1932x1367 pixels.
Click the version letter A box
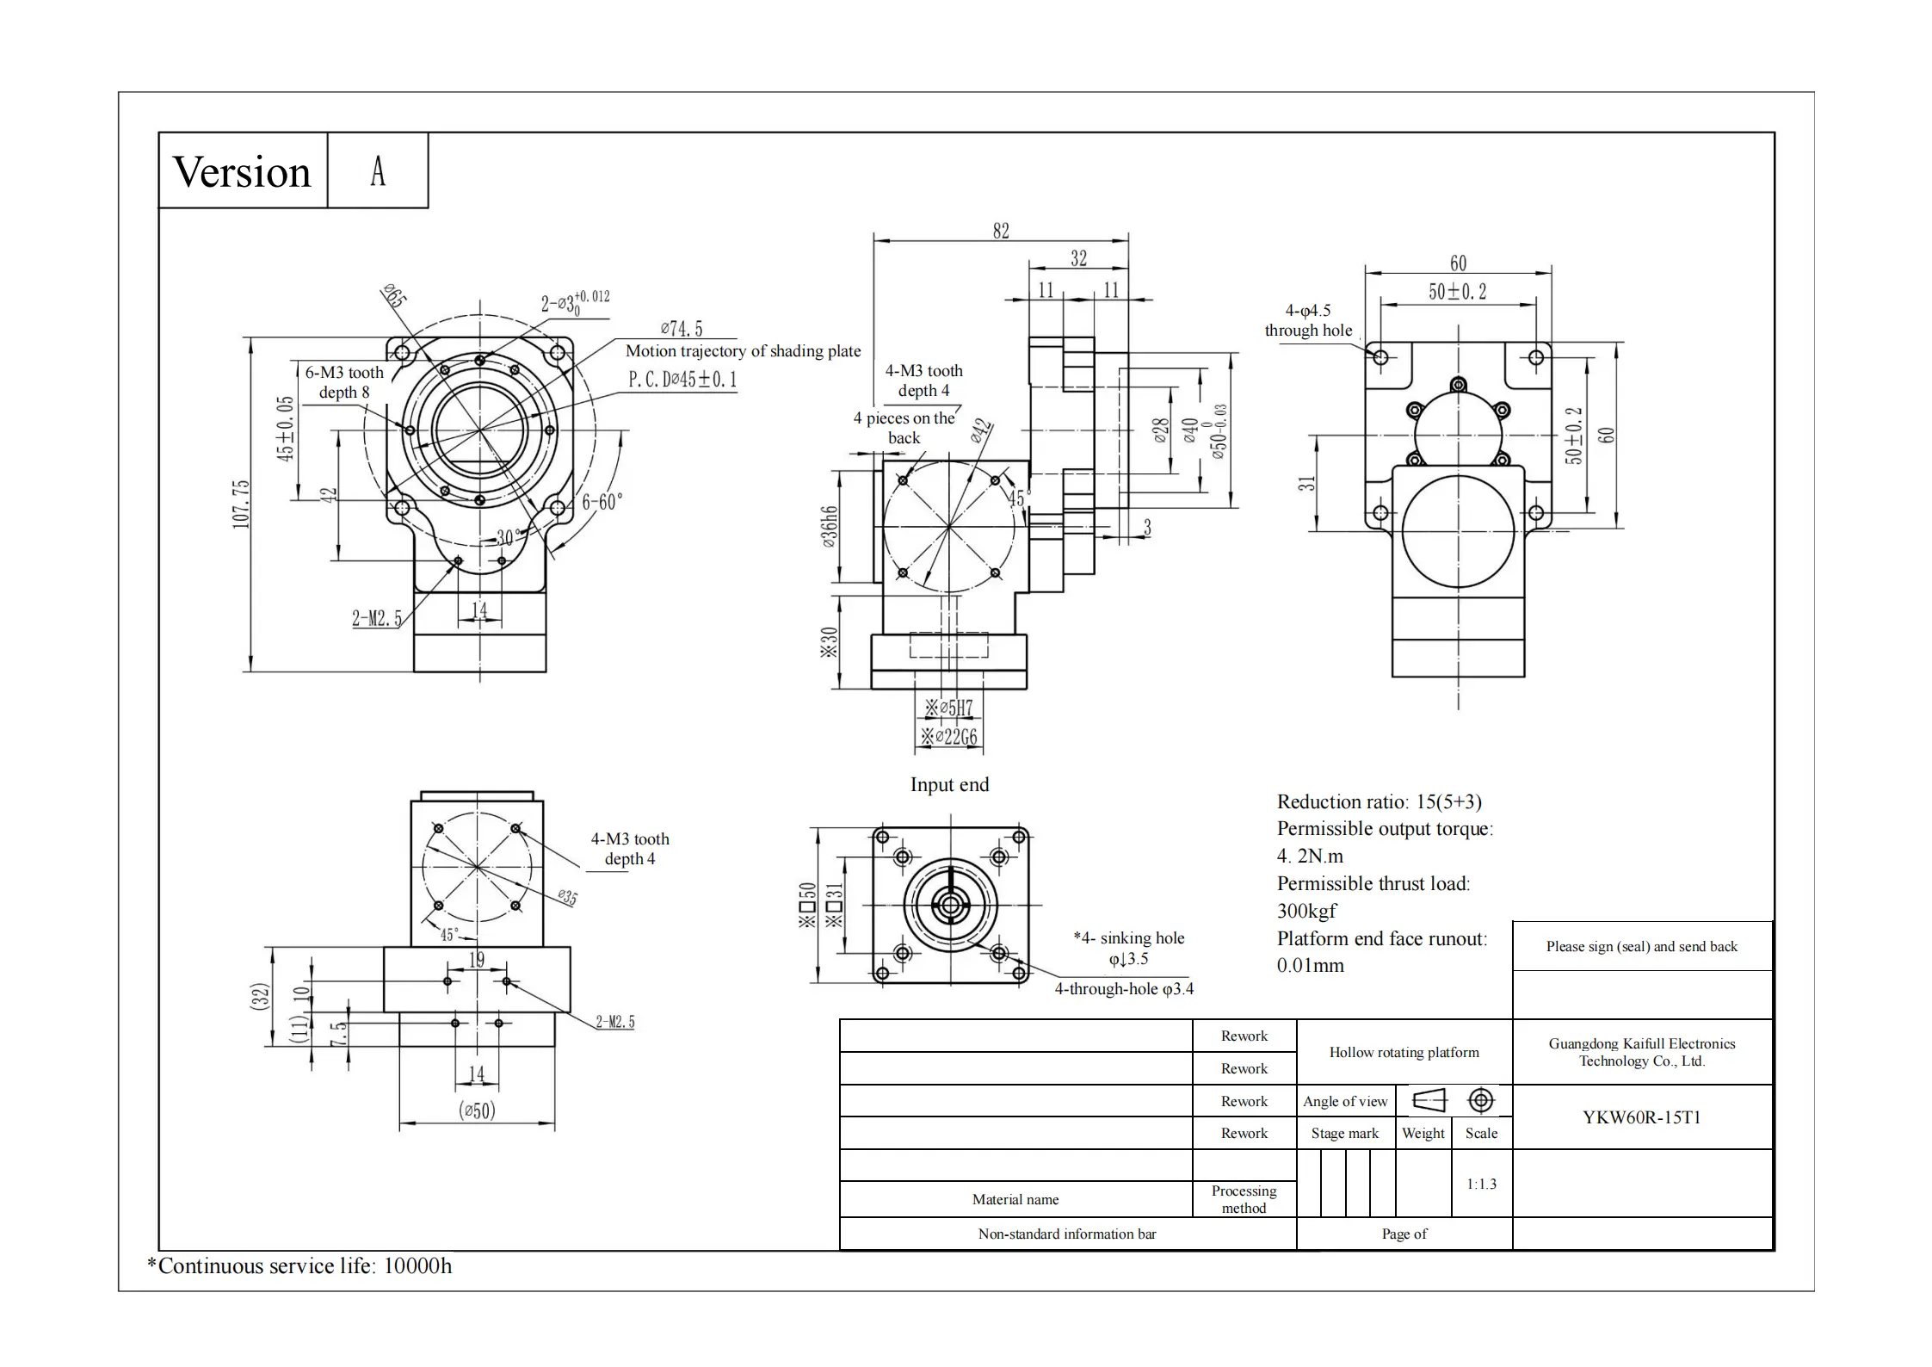pyautogui.click(x=378, y=170)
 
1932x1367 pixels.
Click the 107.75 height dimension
pyautogui.click(x=241, y=504)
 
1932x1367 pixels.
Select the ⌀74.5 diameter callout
pyautogui.click(x=682, y=328)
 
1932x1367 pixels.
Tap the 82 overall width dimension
pyautogui.click(x=1001, y=231)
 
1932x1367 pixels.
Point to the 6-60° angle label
pyautogui.click(x=602, y=502)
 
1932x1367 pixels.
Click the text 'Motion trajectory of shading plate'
pyautogui.click(x=743, y=351)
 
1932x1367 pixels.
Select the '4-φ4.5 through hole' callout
pyautogui.click(x=1308, y=320)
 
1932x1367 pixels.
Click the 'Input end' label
pyautogui.click(x=949, y=784)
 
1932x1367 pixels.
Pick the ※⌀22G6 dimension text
pyautogui.click(x=949, y=737)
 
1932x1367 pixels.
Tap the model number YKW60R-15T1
pyautogui.click(x=1641, y=1117)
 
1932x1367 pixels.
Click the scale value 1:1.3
pyautogui.click(x=1481, y=1184)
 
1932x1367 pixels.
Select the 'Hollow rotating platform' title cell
pyautogui.click(x=1404, y=1052)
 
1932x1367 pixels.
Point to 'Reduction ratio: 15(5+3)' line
pyautogui.click(x=1379, y=801)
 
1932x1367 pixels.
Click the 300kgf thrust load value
pyautogui.click(x=1306, y=911)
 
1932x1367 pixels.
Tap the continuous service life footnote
pyautogui.click(x=299, y=1265)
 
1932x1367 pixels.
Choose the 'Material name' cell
pyautogui.click(x=1015, y=1199)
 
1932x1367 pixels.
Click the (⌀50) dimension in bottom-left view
pyautogui.click(x=477, y=1110)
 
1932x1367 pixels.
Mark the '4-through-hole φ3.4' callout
pyautogui.click(x=1124, y=989)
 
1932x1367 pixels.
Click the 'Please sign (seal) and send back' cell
pyautogui.click(x=1641, y=946)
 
